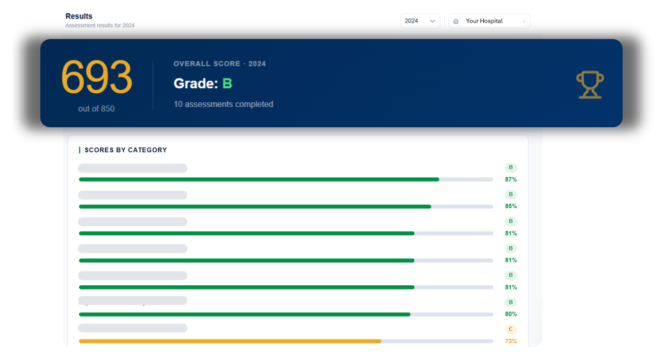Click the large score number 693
pos(97,77)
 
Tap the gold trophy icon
pos(590,85)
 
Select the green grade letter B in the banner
pos(228,84)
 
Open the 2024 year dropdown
pos(420,21)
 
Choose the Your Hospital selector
pos(490,21)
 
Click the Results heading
pos(79,16)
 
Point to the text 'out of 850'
pos(97,109)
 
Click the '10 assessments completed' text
pos(223,104)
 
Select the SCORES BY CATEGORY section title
pos(126,150)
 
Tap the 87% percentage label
pos(511,180)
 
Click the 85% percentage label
pos(511,206)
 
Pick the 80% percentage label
pos(511,314)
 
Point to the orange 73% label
pos(511,341)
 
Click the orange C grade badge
pos(511,329)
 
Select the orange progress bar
pos(230,341)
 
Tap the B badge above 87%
pos(511,168)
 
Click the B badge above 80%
pos(511,302)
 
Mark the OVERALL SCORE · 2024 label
pos(219,64)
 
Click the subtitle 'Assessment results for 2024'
pos(100,26)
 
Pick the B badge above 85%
pos(511,194)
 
